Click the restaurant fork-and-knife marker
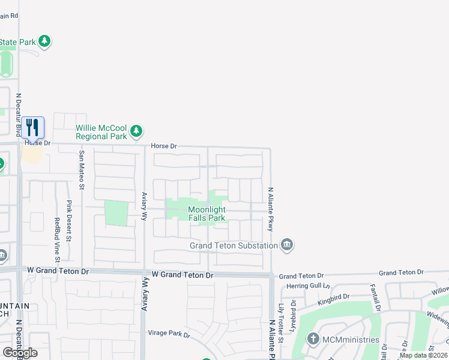(32, 127)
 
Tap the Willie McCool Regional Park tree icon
(137, 130)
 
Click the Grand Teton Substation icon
(287, 244)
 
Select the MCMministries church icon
(313, 339)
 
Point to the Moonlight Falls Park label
(206, 214)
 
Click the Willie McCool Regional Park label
(101, 132)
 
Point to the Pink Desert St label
(69, 221)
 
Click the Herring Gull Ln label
(309, 286)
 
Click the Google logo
(20, 353)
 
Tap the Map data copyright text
(424, 355)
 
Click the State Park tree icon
(44, 41)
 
